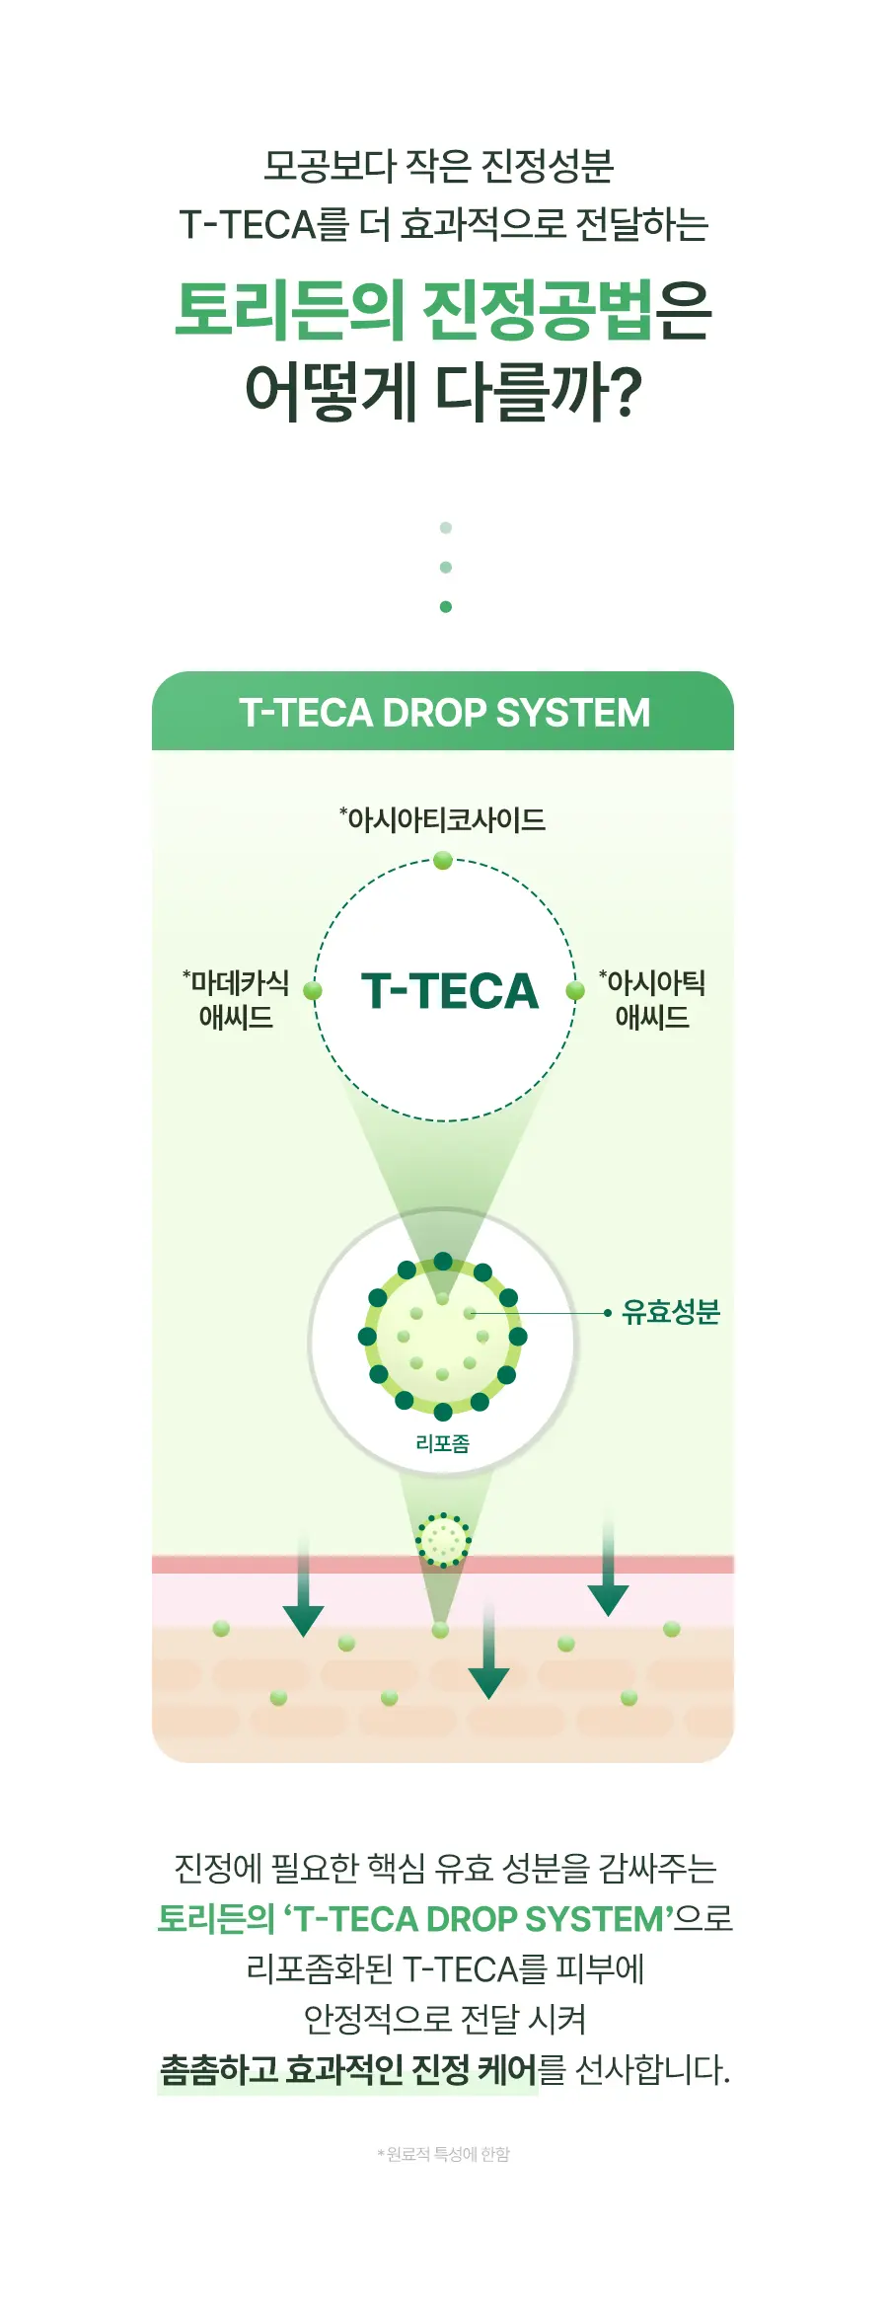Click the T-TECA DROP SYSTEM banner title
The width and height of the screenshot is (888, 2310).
pos(444,713)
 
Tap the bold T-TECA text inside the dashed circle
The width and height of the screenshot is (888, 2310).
pos(450,991)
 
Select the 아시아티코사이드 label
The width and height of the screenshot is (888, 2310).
pos(442,819)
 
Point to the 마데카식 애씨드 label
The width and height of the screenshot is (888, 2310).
pos(236,999)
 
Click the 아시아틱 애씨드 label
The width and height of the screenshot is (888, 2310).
pos(652,999)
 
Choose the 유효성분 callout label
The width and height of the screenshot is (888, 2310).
pos(671,1312)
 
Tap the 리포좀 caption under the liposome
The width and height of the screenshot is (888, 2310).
pos(442,1443)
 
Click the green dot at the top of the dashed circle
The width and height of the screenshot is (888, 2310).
pos(443,861)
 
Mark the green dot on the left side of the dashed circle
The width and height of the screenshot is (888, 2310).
pos(313,991)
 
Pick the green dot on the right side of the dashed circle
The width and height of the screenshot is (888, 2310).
pos(575,991)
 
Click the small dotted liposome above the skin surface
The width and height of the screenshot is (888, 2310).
pos(443,1540)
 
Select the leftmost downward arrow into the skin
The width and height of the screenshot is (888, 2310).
pos(303,1584)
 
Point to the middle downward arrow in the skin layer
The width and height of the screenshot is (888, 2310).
pos(488,1652)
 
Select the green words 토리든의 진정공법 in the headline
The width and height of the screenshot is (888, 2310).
pos(413,310)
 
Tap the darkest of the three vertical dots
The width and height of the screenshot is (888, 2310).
pos(446,607)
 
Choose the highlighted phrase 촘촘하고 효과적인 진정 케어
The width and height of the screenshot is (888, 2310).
pos(348,2069)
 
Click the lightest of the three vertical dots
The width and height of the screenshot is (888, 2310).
pos(446,528)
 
